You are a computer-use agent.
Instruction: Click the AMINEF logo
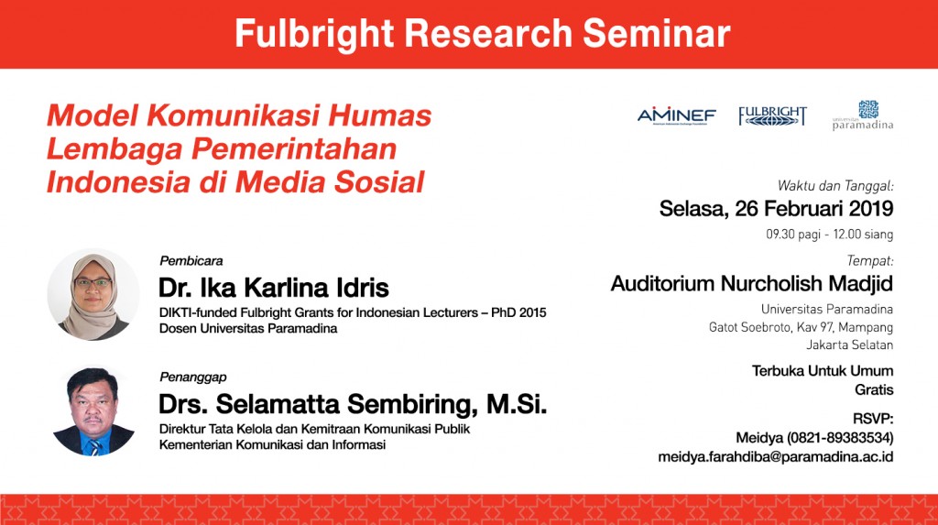677,115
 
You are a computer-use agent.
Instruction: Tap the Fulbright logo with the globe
772,116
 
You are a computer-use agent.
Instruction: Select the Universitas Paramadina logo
863,115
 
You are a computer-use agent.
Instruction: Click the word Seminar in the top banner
656,33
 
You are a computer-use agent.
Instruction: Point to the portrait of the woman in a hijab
93,295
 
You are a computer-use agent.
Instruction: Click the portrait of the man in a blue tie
93,412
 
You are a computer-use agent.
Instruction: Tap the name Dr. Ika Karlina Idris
273,288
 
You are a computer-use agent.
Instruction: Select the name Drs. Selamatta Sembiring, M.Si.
353,404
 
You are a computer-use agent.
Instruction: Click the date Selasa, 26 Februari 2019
776,209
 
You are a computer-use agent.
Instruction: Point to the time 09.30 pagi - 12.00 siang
829,234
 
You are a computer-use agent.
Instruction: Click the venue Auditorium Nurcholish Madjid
751,283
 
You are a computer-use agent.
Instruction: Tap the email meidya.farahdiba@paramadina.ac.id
775,457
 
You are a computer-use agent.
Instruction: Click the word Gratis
873,389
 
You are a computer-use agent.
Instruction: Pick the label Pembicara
191,261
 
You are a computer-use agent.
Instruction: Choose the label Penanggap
192,377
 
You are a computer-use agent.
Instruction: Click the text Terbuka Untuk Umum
822,371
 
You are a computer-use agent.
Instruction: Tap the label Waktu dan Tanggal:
835,186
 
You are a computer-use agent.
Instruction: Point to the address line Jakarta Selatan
849,345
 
